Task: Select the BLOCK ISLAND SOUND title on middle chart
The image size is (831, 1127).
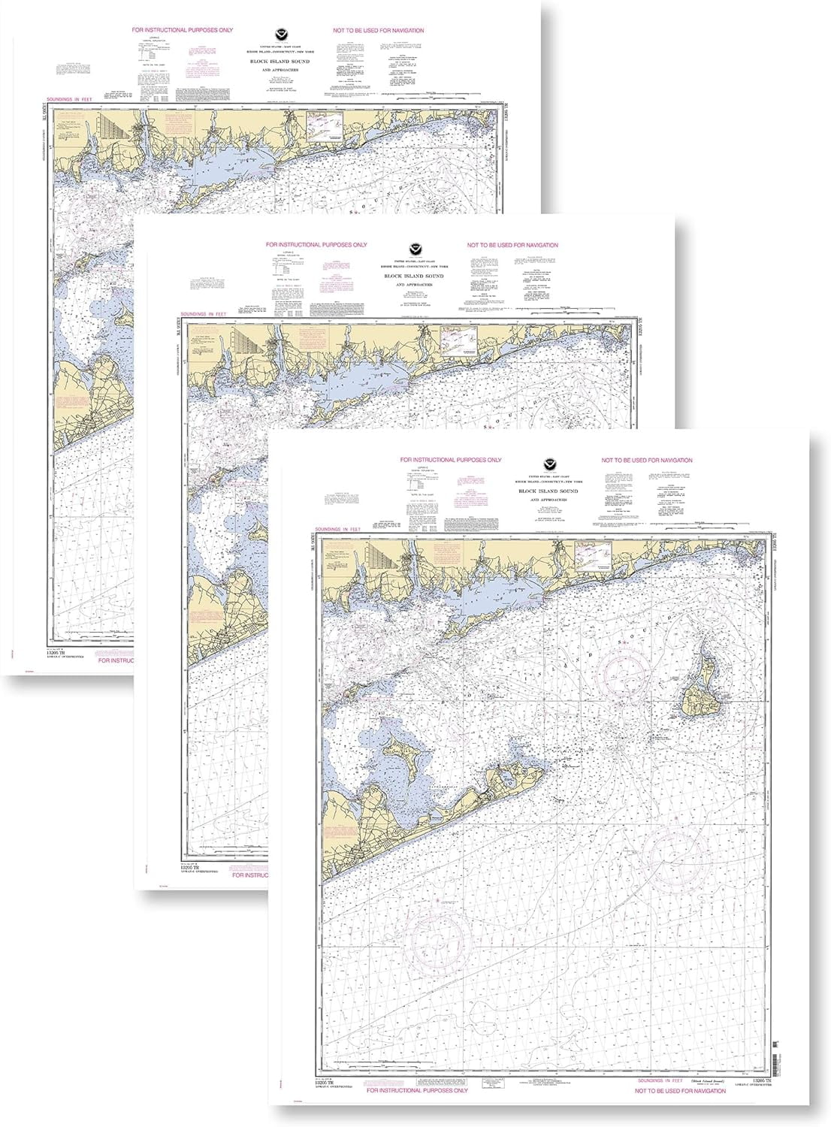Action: coord(412,276)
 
